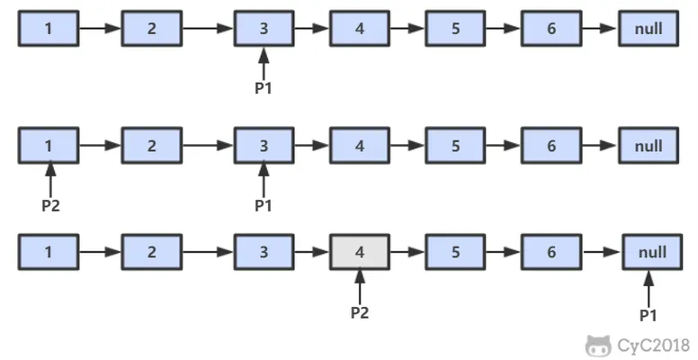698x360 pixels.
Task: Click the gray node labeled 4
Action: coord(360,252)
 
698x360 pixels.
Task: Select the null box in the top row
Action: coord(649,29)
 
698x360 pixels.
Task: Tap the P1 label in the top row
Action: coord(264,88)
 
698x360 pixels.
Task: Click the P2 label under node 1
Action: coord(50,205)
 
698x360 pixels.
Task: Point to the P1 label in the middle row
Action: coord(264,205)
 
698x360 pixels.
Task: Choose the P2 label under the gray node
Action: coord(360,312)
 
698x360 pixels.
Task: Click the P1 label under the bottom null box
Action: coord(649,315)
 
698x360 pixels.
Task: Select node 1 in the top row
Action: coord(49,29)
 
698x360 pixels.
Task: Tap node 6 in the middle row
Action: coord(551,145)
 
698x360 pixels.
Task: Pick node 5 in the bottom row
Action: coord(455,252)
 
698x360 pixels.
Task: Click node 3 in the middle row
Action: coord(264,145)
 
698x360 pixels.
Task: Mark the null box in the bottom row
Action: coord(653,252)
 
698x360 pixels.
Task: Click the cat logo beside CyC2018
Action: coord(598,346)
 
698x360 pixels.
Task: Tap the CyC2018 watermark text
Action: coord(654,346)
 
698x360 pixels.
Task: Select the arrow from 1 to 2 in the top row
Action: coord(100,29)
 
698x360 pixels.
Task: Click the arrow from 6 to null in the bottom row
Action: coord(602,252)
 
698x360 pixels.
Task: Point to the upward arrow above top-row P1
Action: coord(264,64)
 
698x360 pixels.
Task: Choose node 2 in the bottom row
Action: coord(152,252)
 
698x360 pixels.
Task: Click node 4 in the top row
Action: coord(360,29)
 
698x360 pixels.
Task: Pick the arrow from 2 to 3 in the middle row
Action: coord(209,145)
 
